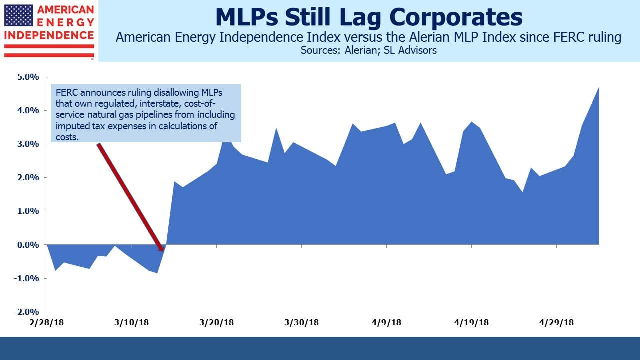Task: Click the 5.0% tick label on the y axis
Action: (x=28, y=77)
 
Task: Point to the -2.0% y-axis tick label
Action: (x=26, y=311)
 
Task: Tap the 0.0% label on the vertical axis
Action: (x=28, y=245)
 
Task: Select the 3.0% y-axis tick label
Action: (x=28, y=144)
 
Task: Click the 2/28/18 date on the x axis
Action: (x=47, y=322)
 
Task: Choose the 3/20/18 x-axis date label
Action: (x=216, y=322)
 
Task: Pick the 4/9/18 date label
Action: (x=386, y=322)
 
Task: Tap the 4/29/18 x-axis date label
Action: (x=556, y=322)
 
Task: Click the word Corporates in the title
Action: (x=456, y=17)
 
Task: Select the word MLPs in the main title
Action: (x=247, y=17)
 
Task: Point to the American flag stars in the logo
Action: (x=19, y=15)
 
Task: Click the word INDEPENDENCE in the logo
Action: (x=49, y=35)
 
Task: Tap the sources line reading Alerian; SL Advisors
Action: (x=391, y=50)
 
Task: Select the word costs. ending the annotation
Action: (x=67, y=137)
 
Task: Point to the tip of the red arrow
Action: (x=163, y=251)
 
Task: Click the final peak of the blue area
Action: (x=598, y=88)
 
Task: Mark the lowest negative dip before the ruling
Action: (x=157, y=273)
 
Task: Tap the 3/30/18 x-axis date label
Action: (x=301, y=322)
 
